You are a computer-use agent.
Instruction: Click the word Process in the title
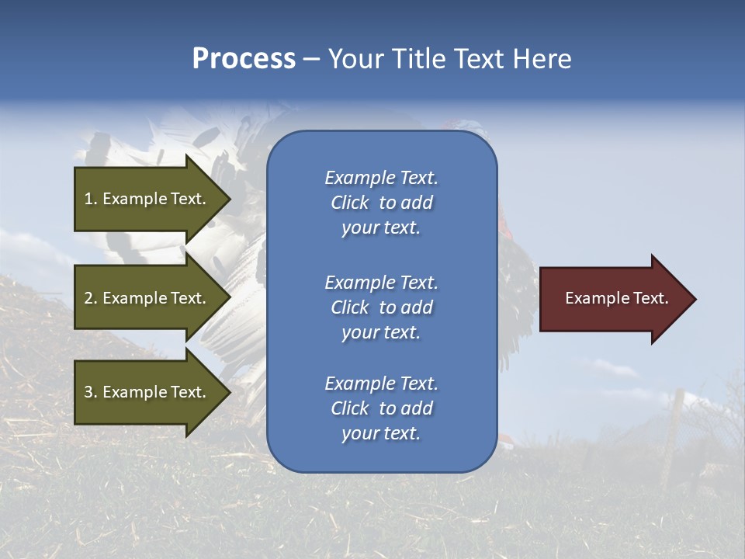click(244, 59)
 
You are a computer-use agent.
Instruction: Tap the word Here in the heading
click(542, 59)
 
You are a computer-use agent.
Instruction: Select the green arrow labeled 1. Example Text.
click(147, 199)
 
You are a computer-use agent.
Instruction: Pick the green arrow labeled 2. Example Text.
click(147, 298)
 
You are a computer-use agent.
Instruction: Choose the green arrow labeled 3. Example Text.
click(147, 392)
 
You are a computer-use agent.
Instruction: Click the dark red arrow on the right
click(613, 299)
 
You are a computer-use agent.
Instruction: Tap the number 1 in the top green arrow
click(88, 199)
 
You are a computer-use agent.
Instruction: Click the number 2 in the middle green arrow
click(88, 298)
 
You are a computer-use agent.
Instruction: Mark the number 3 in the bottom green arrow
click(88, 392)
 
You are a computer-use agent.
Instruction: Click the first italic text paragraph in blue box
click(381, 203)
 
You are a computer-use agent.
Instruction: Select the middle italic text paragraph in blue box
click(381, 307)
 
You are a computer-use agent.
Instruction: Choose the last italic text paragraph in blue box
click(381, 408)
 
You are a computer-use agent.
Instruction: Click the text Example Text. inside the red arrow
click(616, 298)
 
